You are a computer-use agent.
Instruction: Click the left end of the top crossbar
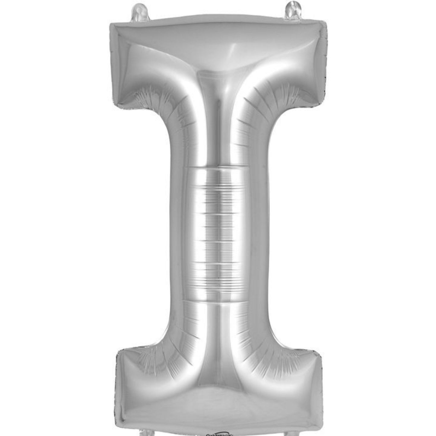coord(116,60)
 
